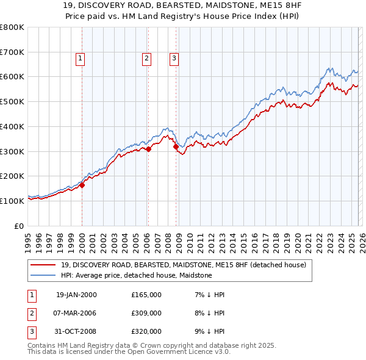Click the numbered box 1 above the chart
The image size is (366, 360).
[81, 59]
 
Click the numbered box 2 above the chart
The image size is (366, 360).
[147, 59]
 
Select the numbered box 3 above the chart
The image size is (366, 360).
[174, 59]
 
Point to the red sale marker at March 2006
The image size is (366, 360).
[148, 148]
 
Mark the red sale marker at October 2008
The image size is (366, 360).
[176, 146]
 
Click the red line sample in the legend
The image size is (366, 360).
[44, 265]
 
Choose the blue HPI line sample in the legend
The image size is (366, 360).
[44, 276]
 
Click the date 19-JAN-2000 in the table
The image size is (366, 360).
[76, 295]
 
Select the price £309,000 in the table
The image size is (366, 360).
[146, 313]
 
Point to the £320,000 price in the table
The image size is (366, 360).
[146, 331]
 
